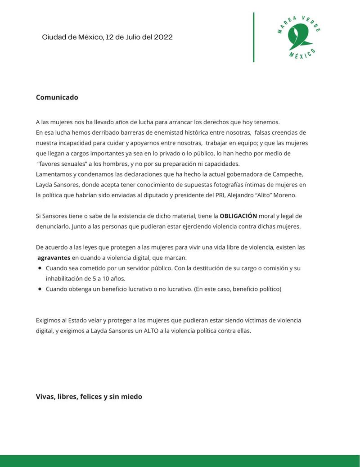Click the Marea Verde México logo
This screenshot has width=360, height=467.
tap(298, 37)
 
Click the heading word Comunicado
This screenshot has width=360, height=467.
tap(57, 97)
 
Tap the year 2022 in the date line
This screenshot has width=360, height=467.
tap(163, 37)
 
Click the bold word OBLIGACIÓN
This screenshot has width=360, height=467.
tap(238, 216)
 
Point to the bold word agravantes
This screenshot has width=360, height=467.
tap(54, 258)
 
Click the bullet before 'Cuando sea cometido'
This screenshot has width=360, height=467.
tap(40, 268)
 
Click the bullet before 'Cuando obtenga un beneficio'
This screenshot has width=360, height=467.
tap(40, 289)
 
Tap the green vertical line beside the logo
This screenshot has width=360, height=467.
tap(253, 37)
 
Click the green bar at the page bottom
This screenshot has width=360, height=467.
tap(180, 461)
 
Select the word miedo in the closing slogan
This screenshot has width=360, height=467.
tap(132, 397)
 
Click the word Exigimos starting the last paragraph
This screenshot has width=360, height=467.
tap(50, 320)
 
